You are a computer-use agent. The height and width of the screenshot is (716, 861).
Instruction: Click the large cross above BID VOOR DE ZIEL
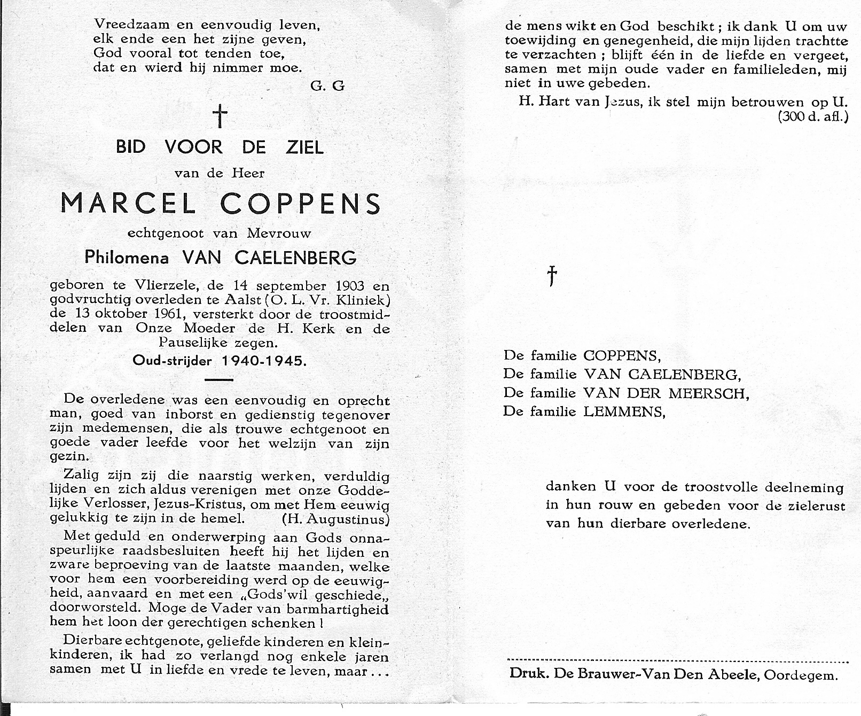[220, 116]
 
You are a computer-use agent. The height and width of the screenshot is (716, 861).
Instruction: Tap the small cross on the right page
[552, 276]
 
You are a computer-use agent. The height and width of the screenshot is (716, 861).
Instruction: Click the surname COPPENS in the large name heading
[301, 204]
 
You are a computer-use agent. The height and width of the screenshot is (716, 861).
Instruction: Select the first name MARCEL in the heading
[128, 204]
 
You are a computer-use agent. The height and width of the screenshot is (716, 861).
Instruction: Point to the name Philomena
[127, 258]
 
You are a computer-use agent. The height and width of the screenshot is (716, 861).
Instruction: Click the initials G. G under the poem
[327, 85]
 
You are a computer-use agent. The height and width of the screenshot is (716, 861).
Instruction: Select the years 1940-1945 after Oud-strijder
[264, 361]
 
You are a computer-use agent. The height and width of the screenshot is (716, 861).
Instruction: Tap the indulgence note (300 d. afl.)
[812, 116]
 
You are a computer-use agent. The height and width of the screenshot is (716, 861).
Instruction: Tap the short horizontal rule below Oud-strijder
[219, 380]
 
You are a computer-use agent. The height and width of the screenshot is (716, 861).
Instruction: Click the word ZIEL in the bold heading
[304, 147]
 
